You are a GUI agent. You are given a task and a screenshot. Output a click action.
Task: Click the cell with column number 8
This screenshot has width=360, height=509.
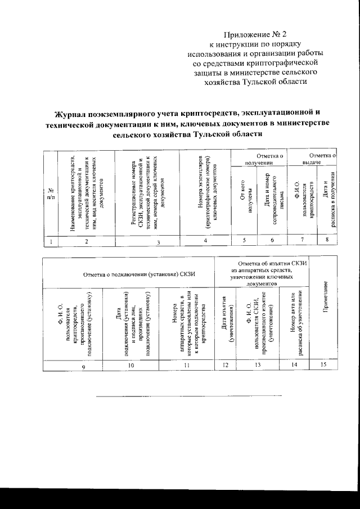coord(327,241)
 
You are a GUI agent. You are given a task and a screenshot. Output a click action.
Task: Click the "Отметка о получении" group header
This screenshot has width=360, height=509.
coord(262,159)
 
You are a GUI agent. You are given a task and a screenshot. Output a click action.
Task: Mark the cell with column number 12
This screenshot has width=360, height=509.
coord(225,364)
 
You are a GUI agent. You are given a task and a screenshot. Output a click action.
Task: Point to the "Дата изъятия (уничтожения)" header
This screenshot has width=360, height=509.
coord(226,321)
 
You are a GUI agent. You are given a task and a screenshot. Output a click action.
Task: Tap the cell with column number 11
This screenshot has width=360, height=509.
coord(186,365)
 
